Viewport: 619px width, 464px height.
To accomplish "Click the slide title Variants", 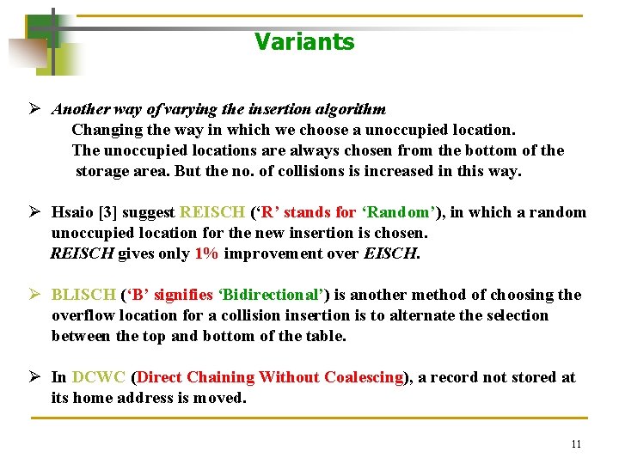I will (x=304, y=42).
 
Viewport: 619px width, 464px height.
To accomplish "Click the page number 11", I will (x=576, y=444).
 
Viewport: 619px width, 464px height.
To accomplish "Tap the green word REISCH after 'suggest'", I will (x=211, y=212).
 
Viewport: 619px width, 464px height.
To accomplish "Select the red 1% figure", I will (x=205, y=253).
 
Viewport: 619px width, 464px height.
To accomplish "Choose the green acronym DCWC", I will (x=98, y=377).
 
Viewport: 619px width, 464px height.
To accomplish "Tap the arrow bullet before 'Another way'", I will (x=35, y=109).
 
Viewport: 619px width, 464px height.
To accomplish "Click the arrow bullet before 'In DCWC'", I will (x=35, y=377).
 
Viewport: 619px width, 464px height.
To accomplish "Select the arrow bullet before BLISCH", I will (x=35, y=295).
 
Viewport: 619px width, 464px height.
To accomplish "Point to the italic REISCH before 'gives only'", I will (x=82, y=253).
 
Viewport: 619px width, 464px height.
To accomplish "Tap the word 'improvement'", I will (x=277, y=253).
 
